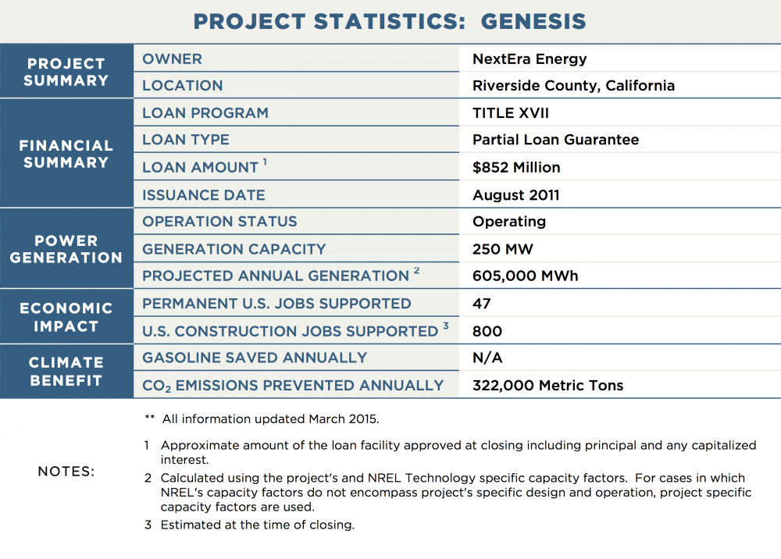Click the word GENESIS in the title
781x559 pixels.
(x=533, y=21)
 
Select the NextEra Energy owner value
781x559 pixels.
(x=530, y=59)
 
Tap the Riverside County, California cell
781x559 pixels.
(x=573, y=86)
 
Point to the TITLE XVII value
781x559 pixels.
(x=511, y=113)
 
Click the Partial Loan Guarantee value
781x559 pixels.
(x=555, y=140)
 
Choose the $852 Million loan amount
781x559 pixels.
(x=516, y=167)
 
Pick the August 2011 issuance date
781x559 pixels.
(x=516, y=195)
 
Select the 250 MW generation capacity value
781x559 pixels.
(x=502, y=249)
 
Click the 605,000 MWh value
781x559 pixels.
(x=525, y=276)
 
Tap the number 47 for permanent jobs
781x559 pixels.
(x=482, y=304)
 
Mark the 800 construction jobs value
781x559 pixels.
(x=487, y=331)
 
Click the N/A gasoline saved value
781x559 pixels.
(x=487, y=358)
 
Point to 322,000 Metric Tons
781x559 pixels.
(x=548, y=385)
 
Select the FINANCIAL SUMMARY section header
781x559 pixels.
(x=66, y=154)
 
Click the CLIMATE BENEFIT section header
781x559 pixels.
(x=66, y=372)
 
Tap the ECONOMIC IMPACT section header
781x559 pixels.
(x=66, y=317)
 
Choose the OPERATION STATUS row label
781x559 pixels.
(x=219, y=222)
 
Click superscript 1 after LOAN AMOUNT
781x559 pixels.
(x=265, y=162)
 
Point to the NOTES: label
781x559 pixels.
(x=66, y=472)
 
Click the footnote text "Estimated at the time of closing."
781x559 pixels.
(x=258, y=525)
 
